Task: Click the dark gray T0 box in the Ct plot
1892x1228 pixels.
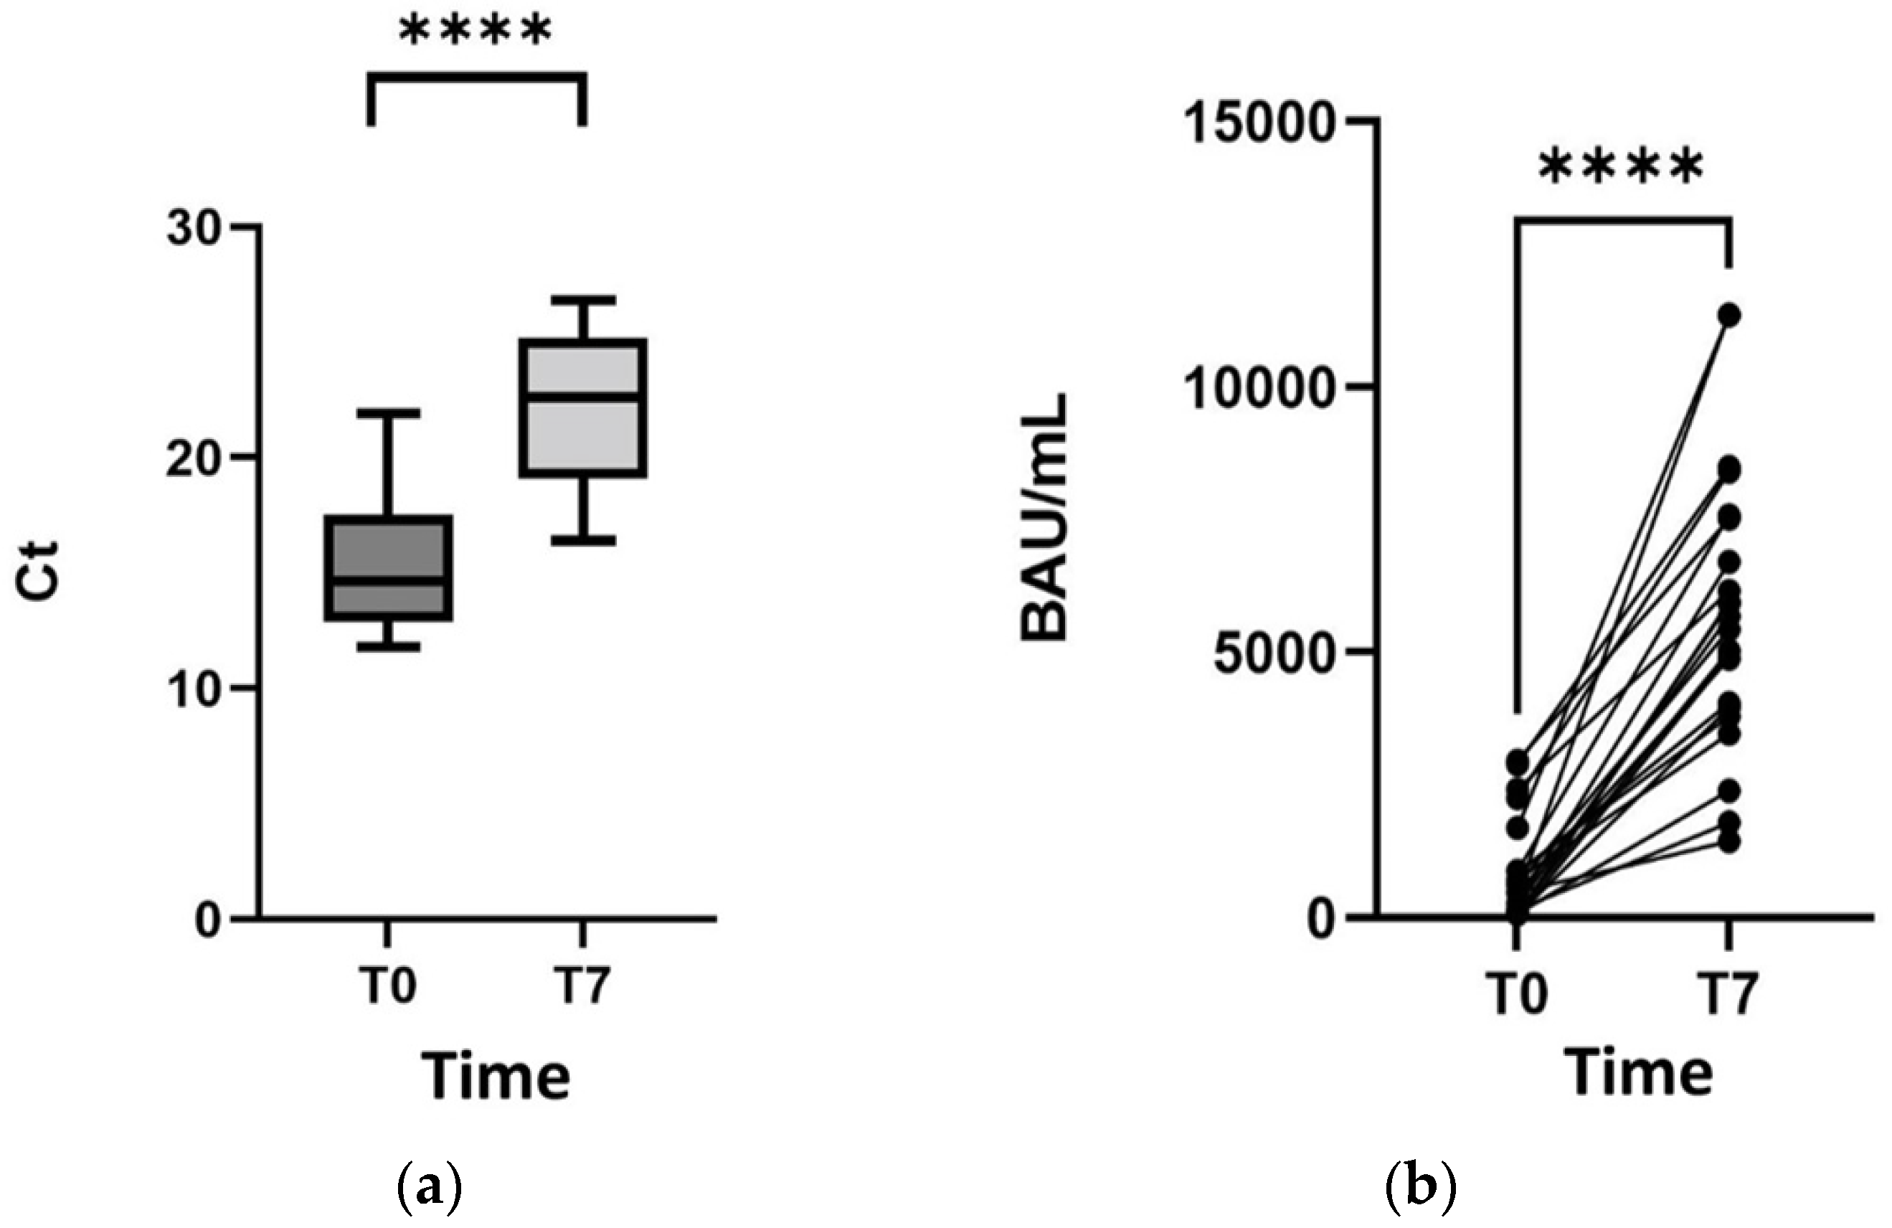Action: [388, 549]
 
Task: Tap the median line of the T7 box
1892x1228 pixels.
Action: [584, 395]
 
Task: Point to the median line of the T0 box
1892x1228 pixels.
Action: [388, 580]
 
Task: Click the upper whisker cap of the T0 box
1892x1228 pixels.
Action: [388, 413]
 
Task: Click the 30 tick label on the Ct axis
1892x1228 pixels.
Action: [192, 228]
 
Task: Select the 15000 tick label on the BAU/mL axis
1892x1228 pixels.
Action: [1257, 121]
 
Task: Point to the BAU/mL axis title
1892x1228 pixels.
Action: [1044, 516]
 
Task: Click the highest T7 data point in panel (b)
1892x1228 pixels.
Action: [1729, 316]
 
